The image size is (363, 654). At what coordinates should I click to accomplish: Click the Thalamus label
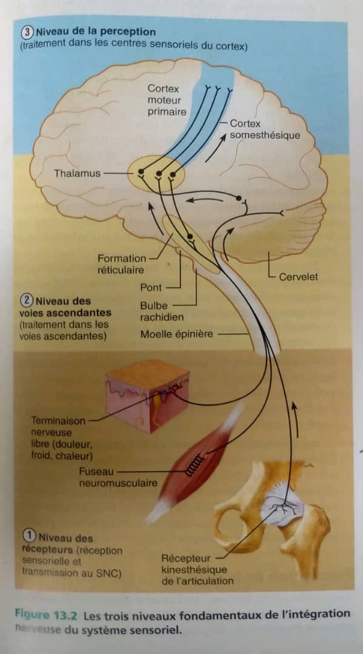(77, 173)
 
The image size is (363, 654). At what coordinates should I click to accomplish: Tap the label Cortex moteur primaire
(167, 100)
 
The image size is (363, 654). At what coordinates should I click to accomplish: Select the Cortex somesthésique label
(265, 130)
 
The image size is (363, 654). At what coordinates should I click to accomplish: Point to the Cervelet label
(298, 277)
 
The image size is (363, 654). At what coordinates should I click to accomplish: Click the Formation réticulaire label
(121, 264)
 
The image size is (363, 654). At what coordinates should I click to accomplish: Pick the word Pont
(151, 288)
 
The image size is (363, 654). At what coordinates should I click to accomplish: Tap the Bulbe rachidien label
(161, 311)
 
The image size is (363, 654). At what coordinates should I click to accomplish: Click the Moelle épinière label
(176, 334)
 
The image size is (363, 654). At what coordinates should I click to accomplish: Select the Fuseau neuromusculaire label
(118, 478)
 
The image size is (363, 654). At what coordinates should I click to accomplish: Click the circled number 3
(27, 31)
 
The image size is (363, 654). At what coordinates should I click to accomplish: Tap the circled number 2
(27, 300)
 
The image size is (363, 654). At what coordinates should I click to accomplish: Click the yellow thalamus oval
(156, 174)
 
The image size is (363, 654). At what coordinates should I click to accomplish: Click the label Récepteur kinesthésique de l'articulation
(197, 569)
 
